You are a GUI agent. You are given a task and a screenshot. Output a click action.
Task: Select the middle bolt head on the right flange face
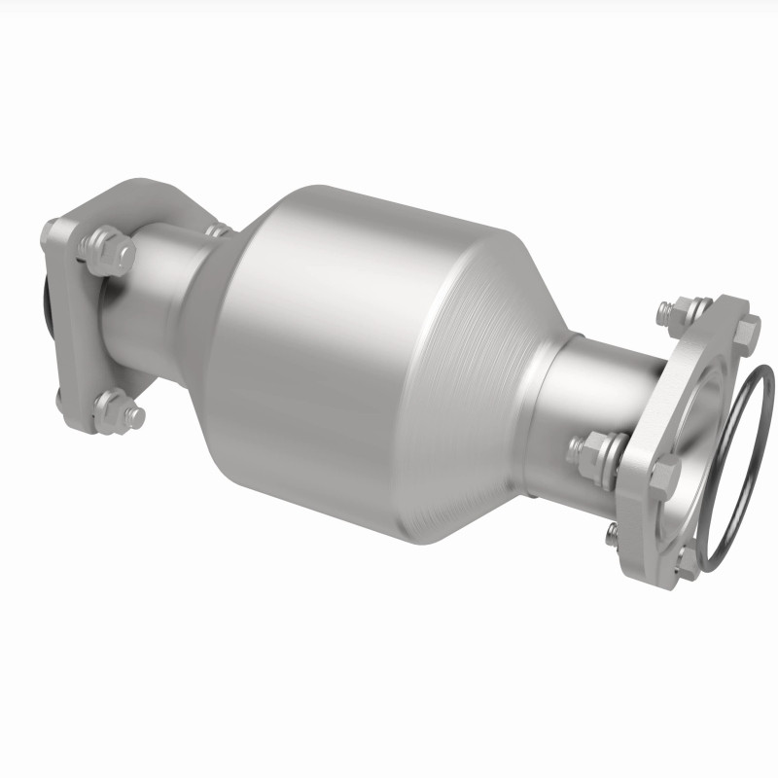pyautogui.click(x=664, y=476)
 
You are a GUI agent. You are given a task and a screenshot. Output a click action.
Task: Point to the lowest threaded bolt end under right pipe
pyautogui.click(x=612, y=532)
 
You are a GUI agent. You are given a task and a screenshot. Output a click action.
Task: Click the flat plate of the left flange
pyautogui.click(x=78, y=331)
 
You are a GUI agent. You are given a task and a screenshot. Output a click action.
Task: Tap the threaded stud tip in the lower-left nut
pyautogui.click(x=136, y=416)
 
